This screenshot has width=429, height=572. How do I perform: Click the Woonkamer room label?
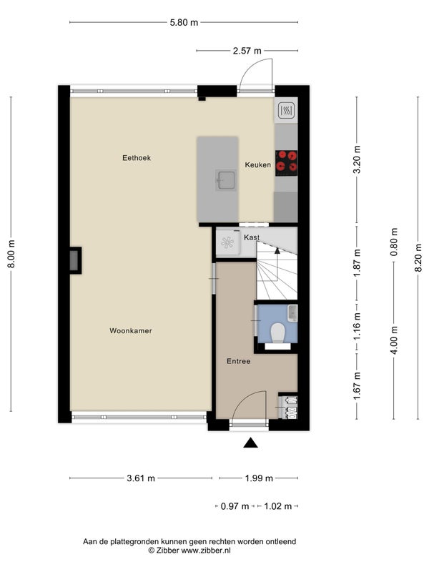coord(131,331)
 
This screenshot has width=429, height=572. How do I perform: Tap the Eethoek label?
coord(137,158)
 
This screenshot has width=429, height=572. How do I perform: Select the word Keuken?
coord(258,165)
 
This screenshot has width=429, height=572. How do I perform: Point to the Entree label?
coord(239,361)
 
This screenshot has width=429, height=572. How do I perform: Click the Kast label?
coord(252,237)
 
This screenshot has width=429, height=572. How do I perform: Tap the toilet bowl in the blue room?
coord(277,332)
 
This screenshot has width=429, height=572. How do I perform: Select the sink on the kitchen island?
coord(225,180)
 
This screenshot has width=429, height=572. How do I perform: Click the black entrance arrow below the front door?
coord(251,443)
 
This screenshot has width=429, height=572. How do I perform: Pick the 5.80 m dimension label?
coord(184,23)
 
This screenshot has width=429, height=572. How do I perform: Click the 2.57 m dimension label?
coord(247,51)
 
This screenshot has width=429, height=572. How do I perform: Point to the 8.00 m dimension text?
coord(11,254)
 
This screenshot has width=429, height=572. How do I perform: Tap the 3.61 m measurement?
coord(141,478)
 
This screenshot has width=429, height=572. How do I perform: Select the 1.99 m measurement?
coord(259,478)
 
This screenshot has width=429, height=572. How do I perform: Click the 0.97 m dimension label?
coord(235,506)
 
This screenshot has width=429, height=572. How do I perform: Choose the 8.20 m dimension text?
coord(418,257)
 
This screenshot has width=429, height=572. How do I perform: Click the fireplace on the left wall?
coord(75,260)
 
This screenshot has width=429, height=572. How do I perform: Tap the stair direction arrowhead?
coord(277,251)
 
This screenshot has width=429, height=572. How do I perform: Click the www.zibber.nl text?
coord(206,551)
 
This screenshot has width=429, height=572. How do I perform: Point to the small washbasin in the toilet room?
coord(292,313)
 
